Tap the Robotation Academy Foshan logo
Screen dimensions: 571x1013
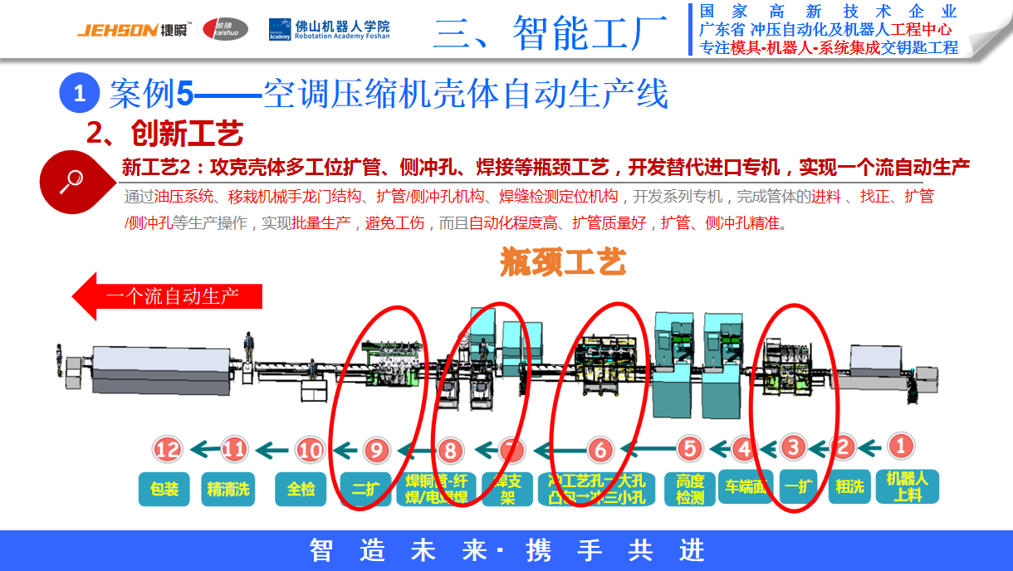(329, 30)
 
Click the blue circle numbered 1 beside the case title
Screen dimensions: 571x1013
(80, 93)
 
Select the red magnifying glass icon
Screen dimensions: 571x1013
(75, 180)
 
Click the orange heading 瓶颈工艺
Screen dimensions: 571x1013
(563, 262)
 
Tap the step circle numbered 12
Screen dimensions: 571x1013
(168, 450)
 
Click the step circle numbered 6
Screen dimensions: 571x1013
(599, 450)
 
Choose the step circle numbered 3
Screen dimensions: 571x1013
(794, 448)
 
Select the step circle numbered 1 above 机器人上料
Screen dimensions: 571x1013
(898, 447)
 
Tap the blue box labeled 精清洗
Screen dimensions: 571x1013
(228, 489)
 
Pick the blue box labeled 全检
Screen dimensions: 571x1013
(301, 489)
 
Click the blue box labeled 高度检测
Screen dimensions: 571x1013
(690, 489)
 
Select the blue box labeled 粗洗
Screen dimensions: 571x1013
(849, 486)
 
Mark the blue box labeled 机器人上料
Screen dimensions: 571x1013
(908, 486)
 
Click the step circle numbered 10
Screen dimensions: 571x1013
(310, 450)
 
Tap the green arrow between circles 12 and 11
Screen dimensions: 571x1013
(203, 450)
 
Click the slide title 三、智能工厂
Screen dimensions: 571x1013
(550, 32)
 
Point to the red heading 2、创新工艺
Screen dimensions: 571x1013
(165, 132)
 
